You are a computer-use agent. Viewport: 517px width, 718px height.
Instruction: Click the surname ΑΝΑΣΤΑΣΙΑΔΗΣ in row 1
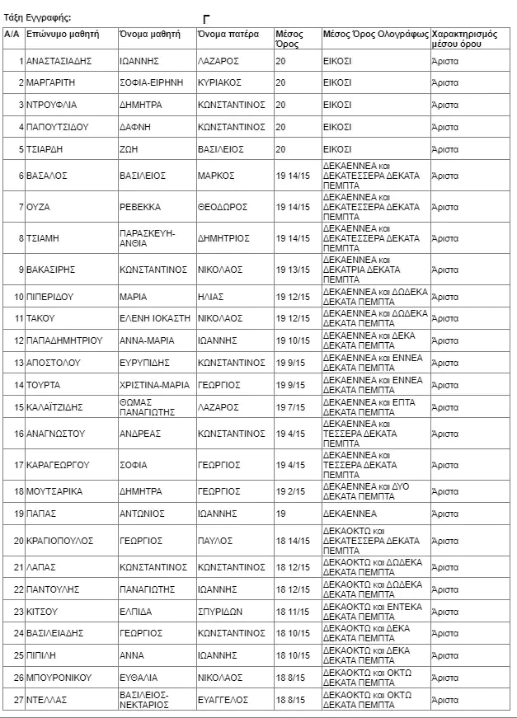point(58,62)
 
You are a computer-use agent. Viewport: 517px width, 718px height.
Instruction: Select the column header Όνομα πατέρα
point(228,35)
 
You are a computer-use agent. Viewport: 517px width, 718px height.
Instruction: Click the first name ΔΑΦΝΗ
point(135,127)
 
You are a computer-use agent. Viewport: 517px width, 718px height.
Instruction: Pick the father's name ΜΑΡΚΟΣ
point(216,176)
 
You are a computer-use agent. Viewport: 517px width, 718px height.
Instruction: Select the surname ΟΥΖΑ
point(39,206)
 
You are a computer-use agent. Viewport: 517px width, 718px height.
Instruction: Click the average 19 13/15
point(293,270)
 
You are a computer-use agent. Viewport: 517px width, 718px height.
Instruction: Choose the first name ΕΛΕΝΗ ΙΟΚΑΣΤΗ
point(154,318)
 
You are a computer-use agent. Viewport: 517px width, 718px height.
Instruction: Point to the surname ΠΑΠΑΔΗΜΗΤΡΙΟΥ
point(63,340)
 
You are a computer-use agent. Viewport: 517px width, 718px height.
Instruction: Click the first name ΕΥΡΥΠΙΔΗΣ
point(148,363)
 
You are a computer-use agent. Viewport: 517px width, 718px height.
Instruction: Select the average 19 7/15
point(290,407)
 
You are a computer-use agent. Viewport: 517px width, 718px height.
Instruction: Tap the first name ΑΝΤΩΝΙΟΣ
point(142,514)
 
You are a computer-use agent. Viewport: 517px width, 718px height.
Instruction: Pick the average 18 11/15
point(293,612)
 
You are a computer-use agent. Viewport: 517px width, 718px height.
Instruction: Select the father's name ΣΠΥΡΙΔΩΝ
point(220,612)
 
